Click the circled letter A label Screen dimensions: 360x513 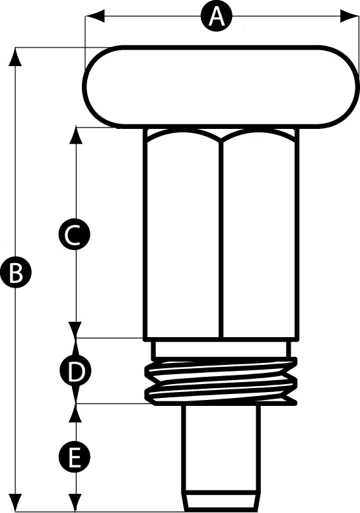pyautogui.click(x=216, y=16)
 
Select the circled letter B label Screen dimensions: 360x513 pyautogui.click(x=16, y=273)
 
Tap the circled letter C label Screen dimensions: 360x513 pyautogui.click(x=74, y=234)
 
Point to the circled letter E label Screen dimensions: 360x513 pyautogui.click(x=74, y=457)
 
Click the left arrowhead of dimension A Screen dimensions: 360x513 pyautogui.click(x=95, y=16)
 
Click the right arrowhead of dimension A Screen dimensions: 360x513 pyautogui.click(x=350, y=16)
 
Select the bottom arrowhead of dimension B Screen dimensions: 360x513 pyautogui.click(x=15, y=502)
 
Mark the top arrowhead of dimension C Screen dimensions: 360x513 pyautogui.click(x=75, y=136)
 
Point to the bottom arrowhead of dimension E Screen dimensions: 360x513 pyautogui.click(x=75, y=502)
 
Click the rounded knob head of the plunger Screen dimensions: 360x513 pyautogui.click(x=219, y=86)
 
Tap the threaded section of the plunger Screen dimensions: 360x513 pyautogui.click(x=221, y=381)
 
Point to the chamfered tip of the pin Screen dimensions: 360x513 pyautogui.click(x=221, y=500)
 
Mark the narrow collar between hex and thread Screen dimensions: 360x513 pyautogui.click(x=221, y=349)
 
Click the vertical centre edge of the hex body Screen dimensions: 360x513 pyautogui.click(x=221, y=239)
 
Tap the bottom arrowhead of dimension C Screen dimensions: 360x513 pyautogui.click(x=75, y=330)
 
